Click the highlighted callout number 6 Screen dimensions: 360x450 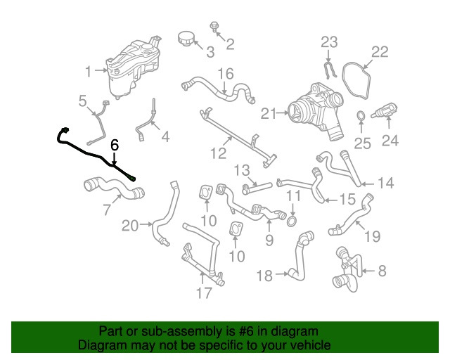coord(115,145)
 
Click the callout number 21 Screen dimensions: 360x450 coord(267,112)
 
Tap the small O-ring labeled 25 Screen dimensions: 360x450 coord(360,115)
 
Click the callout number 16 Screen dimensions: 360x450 coord(225,74)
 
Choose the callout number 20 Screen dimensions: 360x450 coord(131,226)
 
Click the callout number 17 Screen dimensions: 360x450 coord(204,293)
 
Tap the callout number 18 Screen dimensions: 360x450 coord(264,276)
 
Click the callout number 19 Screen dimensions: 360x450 coord(372,237)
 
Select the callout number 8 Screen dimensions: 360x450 coord(382,270)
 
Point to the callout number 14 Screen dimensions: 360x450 coord(385,184)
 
